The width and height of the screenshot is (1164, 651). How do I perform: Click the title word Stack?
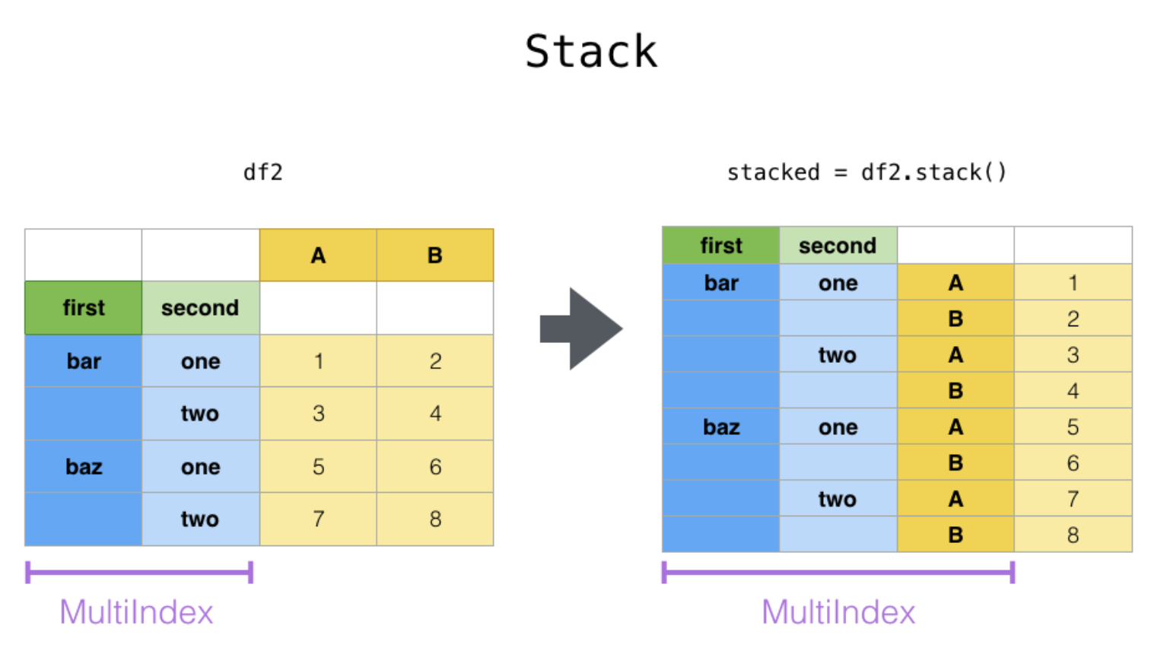point(591,52)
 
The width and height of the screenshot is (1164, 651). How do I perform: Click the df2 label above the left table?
point(263,173)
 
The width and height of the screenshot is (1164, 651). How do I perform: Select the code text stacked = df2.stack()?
point(867,173)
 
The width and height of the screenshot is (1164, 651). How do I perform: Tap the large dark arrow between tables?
point(581,329)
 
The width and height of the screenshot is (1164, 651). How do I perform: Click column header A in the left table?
point(318,255)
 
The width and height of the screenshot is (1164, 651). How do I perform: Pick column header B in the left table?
point(435,255)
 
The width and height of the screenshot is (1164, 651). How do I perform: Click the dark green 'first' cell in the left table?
point(83,308)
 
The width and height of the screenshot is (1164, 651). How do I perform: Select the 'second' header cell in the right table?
point(838,245)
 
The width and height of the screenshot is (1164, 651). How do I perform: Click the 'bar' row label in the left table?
point(83,361)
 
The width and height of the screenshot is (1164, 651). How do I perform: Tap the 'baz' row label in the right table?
point(720,427)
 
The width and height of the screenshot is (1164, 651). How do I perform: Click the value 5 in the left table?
point(318,466)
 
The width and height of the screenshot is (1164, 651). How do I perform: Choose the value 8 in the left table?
point(435,519)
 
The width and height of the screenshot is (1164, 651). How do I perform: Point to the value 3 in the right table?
point(1073,355)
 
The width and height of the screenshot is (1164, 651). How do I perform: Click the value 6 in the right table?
point(1073,462)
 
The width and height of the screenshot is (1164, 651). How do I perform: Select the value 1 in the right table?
point(1073,283)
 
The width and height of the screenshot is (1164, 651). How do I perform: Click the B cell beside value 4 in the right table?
point(956,391)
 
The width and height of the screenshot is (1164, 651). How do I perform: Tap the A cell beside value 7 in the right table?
point(956,499)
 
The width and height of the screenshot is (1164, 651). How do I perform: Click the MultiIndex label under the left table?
point(136,612)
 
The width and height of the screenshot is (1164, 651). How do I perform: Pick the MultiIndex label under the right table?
point(838,612)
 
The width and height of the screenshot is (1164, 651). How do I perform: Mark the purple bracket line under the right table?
point(838,573)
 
